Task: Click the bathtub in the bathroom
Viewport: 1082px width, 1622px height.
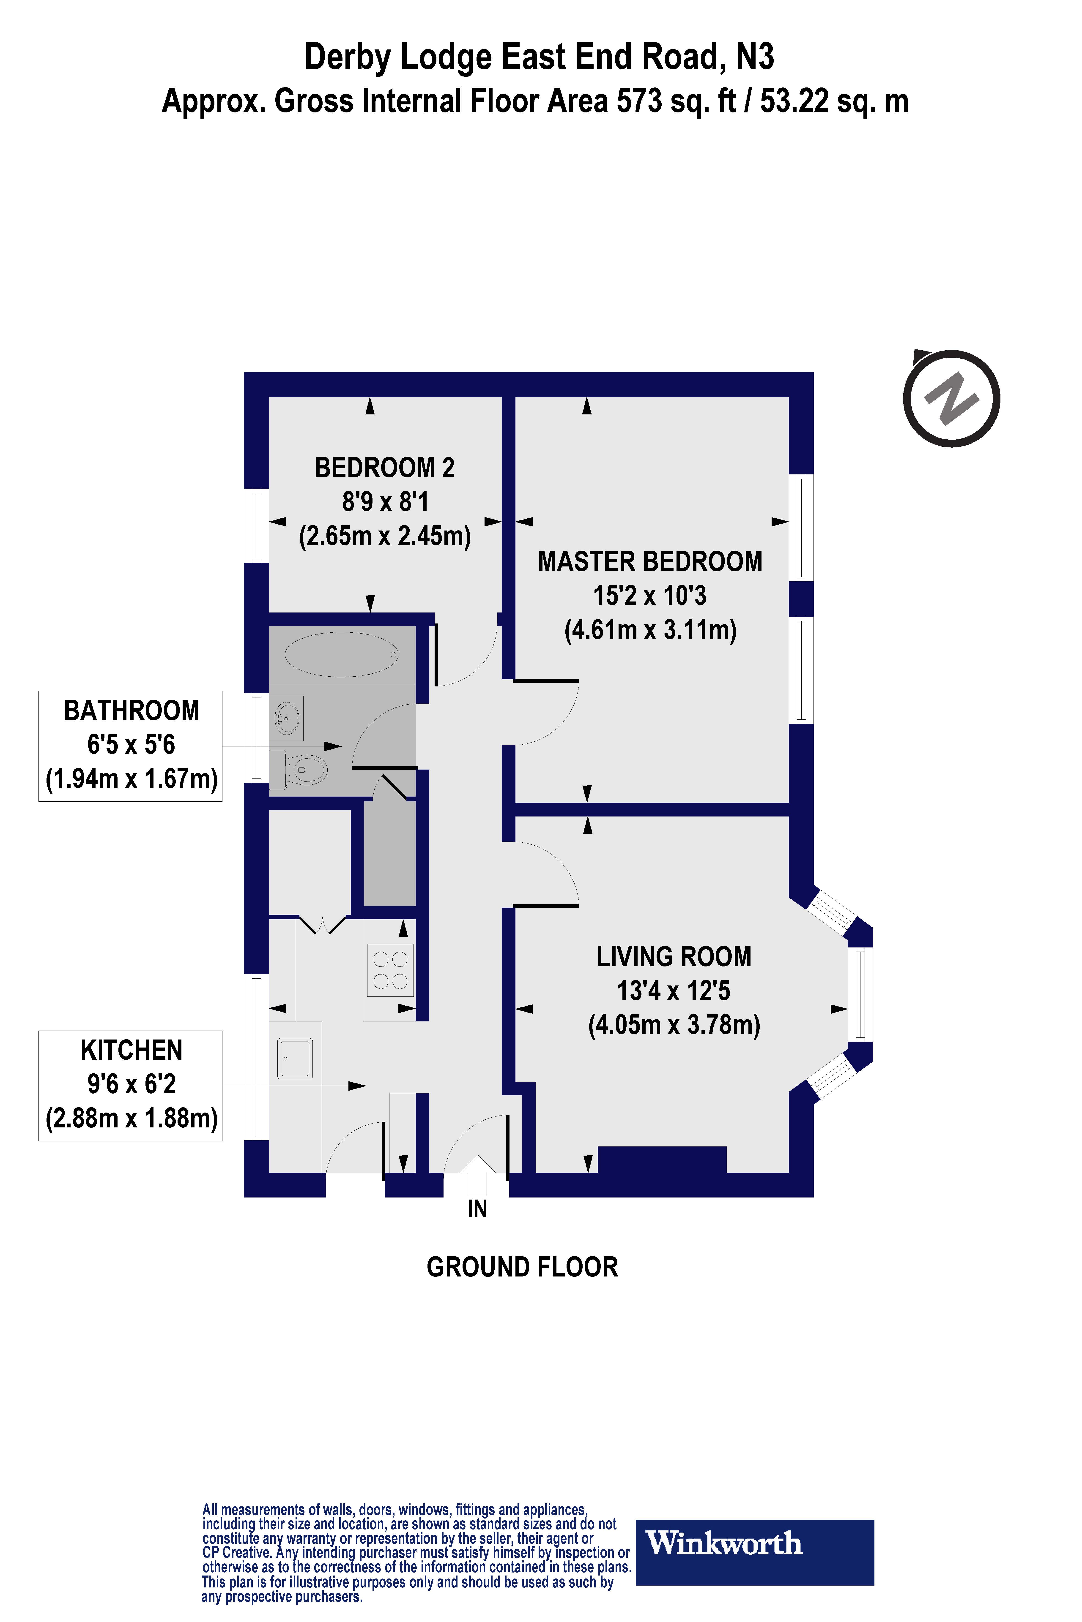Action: click(x=342, y=654)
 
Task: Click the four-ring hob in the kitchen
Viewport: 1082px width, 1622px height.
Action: click(x=390, y=970)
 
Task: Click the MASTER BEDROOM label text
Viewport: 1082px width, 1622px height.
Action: click(x=650, y=561)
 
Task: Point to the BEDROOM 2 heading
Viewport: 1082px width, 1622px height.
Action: click(x=384, y=468)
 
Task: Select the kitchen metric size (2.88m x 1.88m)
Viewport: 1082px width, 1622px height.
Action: click(x=131, y=1118)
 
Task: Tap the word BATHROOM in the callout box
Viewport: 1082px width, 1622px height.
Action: click(x=131, y=710)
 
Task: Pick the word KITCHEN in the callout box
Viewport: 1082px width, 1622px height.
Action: click(x=131, y=1050)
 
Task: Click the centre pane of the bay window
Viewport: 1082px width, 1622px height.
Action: click(x=860, y=994)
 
